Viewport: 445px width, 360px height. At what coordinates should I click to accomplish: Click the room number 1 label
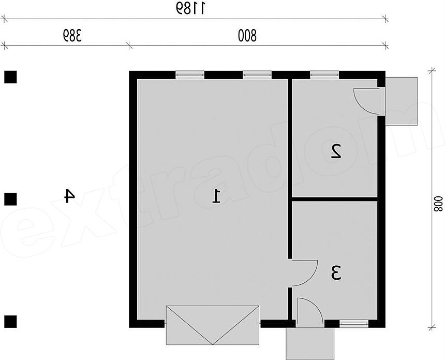pos(216,196)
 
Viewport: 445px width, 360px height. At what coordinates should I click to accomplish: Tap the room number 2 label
pos(336,151)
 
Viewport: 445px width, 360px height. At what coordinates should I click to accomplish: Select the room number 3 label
pos(336,273)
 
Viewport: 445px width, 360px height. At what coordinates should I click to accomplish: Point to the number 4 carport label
pos(69,196)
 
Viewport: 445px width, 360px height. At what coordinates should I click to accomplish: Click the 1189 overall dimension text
pos(189,8)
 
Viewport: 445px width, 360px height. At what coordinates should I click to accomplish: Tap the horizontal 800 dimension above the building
pos(247,36)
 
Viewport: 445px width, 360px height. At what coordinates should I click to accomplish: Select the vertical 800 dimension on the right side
pos(438,204)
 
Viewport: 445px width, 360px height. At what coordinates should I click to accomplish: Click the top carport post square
pos(10,77)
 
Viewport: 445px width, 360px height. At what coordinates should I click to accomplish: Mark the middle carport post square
pos(10,199)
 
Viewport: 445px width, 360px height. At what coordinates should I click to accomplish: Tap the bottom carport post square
pos(10,322)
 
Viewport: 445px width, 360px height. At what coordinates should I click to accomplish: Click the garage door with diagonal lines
pos(213,325)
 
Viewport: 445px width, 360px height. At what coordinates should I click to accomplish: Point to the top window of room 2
pos(324,75)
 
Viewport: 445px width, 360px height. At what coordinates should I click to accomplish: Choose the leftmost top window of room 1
pos(190,75)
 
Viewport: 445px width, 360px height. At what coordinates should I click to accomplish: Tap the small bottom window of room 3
pos(354,323)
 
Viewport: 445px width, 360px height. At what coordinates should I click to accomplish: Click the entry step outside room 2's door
pos(402,101)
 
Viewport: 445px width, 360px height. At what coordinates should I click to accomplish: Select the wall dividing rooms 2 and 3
pos(335,199)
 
